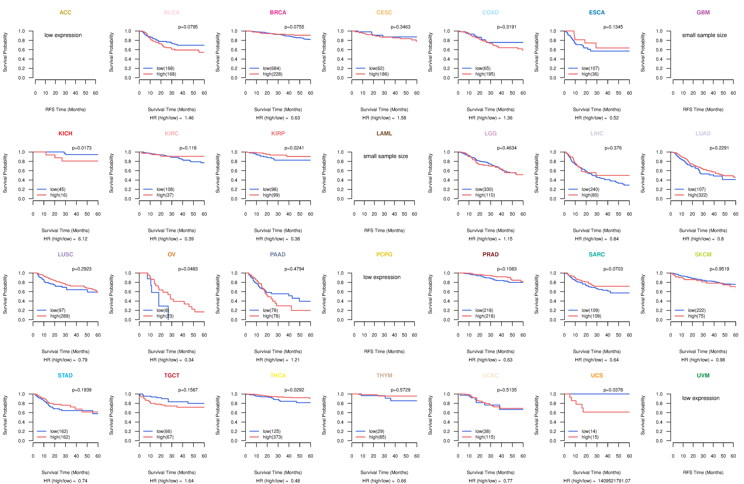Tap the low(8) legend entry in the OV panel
163,310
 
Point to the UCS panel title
597,375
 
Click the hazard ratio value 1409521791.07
614,481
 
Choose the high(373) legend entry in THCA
273,437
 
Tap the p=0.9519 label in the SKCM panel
719,269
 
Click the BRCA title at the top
278,13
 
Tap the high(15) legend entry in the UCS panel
590,437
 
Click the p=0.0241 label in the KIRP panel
294,148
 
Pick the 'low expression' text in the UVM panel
701,398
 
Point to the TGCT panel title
172,375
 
